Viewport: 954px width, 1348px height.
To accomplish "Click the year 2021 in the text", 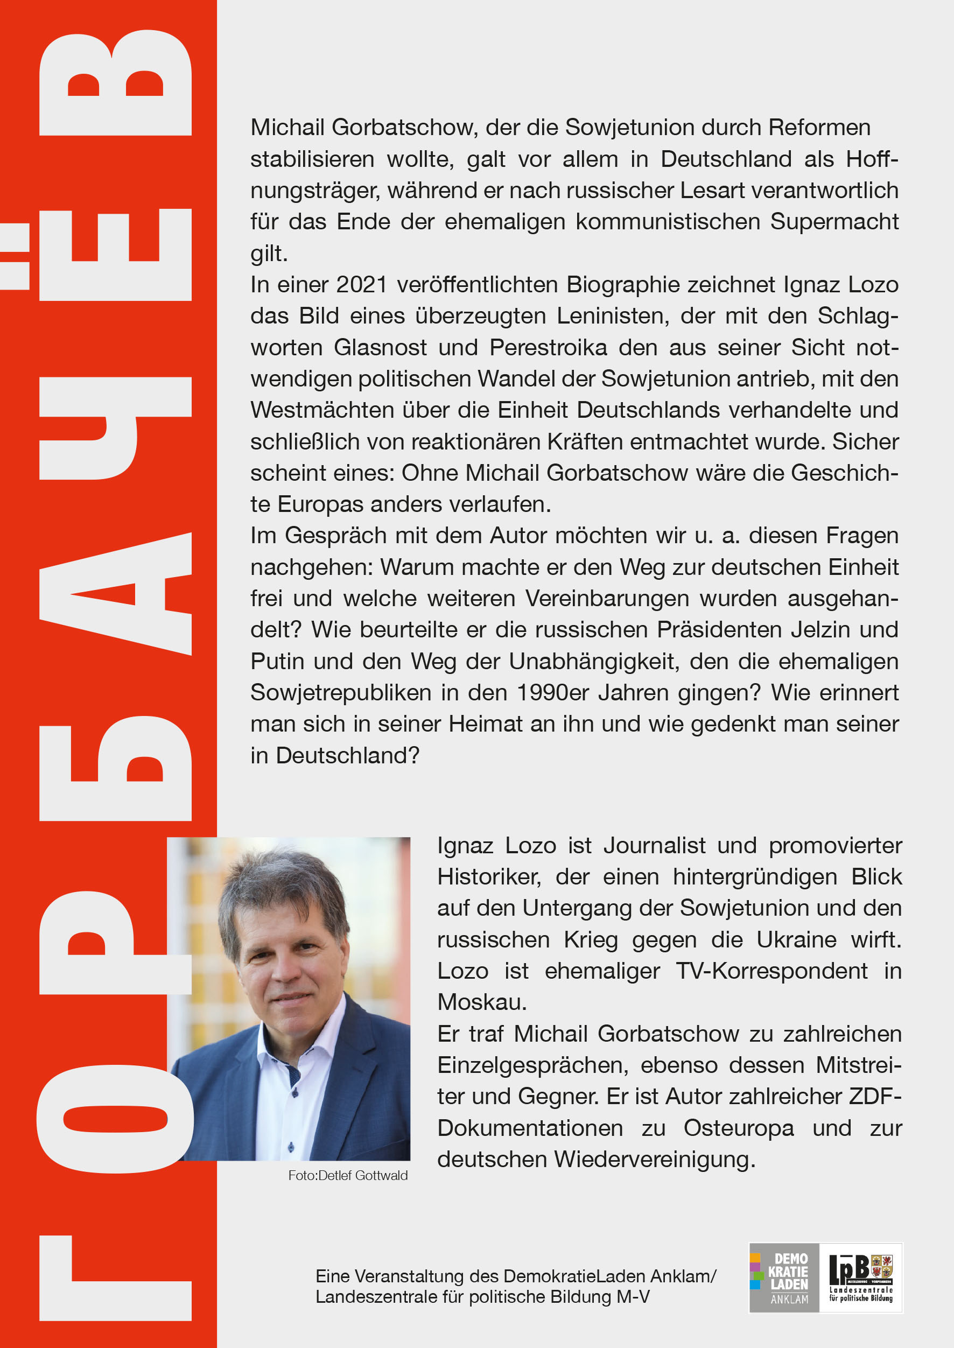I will pos(361,285).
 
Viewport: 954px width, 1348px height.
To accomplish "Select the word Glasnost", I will pos(380,348).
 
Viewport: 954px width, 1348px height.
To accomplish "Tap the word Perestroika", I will pos(548,348).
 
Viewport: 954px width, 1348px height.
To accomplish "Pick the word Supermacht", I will pos(834,222).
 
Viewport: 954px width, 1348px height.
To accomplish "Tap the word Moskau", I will pos(481,1002).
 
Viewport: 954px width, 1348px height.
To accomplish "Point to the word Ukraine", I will pos(796,940).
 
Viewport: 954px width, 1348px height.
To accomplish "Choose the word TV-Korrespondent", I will pos(771,971).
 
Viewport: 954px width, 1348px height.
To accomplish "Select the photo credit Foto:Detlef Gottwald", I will pos(348,1175).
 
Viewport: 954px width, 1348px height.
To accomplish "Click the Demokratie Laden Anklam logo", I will pos(784,1277).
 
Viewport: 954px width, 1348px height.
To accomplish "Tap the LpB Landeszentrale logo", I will pos(861,1277).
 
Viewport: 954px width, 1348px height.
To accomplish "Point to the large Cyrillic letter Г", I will pos(116,1281).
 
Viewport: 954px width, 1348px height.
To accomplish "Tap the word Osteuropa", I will pos(739,1128).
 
